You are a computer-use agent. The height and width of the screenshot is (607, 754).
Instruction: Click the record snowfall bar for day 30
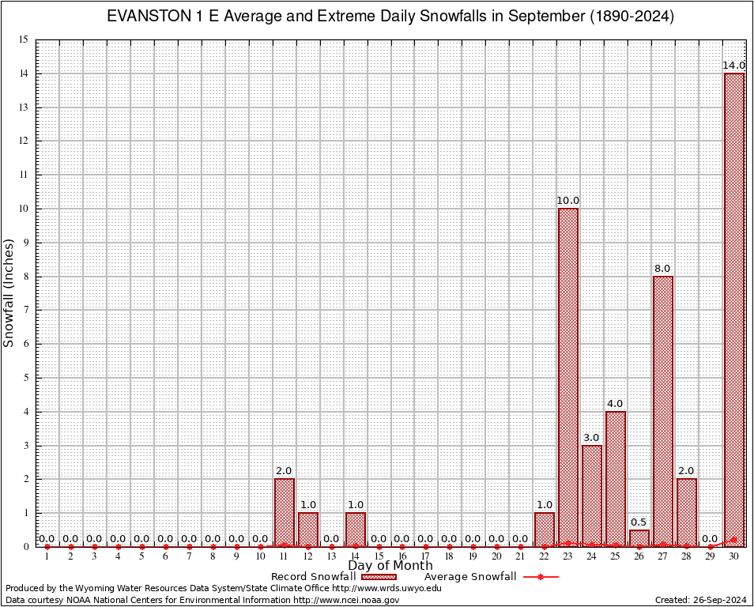click(734, 308)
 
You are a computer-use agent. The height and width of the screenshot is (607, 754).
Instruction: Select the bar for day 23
click(568, 376)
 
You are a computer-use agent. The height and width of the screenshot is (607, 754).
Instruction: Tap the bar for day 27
click(663, 410)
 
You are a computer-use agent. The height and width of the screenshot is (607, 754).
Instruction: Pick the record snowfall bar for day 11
click(285, 511)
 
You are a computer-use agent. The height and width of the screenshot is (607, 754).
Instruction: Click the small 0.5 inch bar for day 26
click(639, 537)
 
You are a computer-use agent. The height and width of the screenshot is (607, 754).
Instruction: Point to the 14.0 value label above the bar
click(734, 65)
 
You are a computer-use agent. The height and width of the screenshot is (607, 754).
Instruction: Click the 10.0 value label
click(568, 201)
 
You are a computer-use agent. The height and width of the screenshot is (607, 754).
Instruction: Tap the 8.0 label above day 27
click(663, 269)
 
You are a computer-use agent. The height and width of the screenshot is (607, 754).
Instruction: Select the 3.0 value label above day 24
click(592, 438)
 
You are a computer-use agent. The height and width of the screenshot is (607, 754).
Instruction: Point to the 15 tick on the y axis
click(24, 40)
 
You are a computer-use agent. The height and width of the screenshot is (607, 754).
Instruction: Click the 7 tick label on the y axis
click(26, 310)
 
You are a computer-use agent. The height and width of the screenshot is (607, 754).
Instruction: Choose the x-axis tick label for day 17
click(426, 556)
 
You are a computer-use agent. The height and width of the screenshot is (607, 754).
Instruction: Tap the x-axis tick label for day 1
click(47, 556)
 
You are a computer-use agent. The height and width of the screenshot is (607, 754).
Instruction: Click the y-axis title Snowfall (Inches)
click(9, 292)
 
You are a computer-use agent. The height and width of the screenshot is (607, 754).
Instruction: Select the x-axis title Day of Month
click(390, 566)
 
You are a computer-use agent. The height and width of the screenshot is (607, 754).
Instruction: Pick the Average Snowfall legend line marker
click(541, 577)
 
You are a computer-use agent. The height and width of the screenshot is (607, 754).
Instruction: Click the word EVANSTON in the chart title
click(147, 17)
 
